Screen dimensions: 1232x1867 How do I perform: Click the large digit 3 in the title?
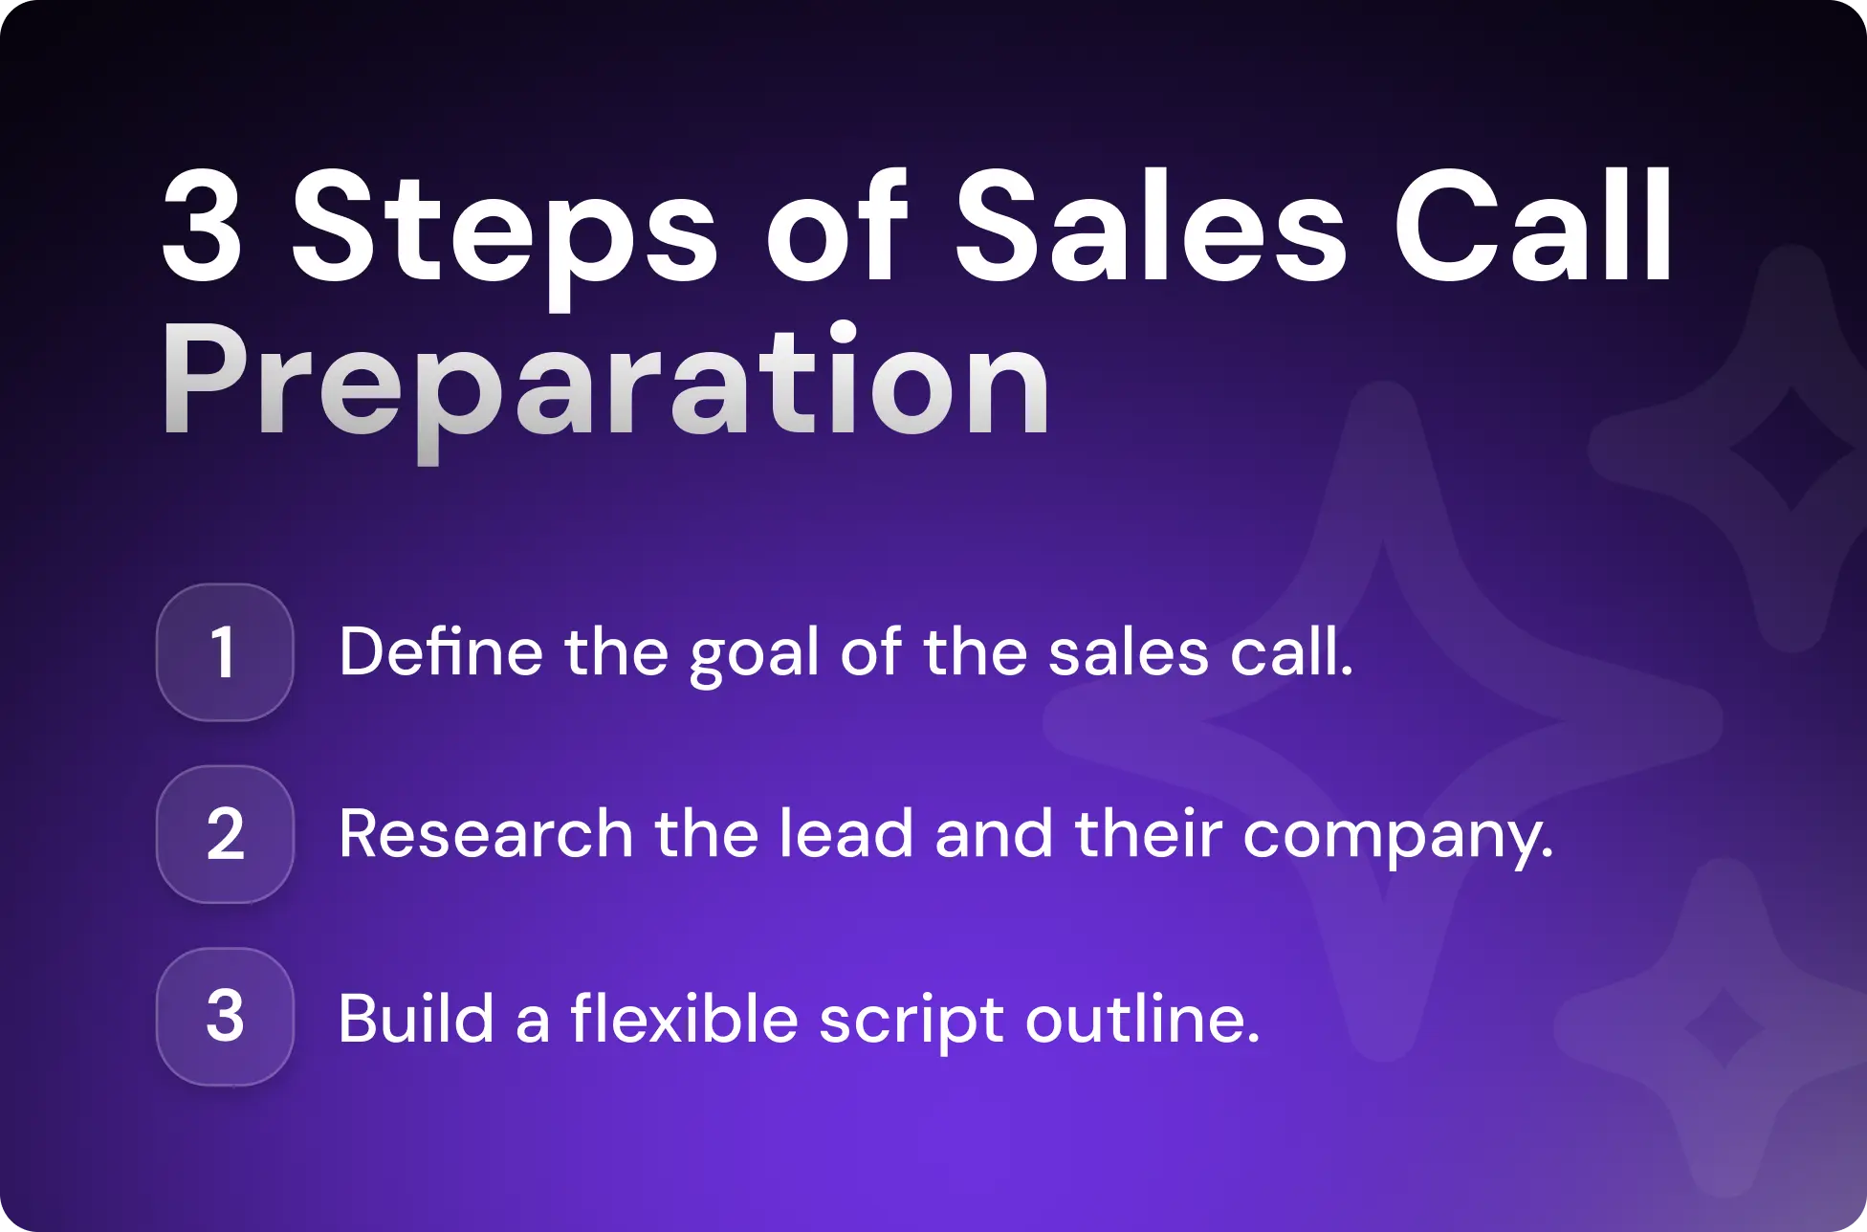point(202,228)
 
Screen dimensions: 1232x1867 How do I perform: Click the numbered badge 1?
point(225,652)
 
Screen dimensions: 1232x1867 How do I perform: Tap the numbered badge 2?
point(225,834)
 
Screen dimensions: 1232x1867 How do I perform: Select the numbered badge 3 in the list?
point(225,1016)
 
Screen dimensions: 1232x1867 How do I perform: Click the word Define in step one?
point(441,652)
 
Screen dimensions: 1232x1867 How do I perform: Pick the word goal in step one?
point(754,654)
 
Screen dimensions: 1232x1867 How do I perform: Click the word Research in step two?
point(486,834)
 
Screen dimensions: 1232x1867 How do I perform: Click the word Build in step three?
point(416,1018)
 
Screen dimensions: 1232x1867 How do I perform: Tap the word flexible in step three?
point(684,1018)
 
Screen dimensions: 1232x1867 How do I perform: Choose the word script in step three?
point(911,1020)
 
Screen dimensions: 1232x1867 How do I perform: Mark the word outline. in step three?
point(1142,1018)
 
